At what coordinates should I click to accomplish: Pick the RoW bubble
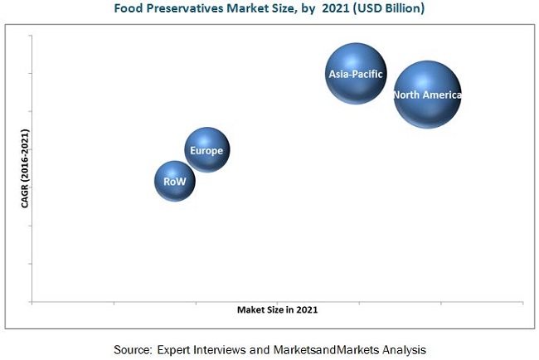point(174,182)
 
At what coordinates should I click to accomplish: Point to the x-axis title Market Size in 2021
point(277,309)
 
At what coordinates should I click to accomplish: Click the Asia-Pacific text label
point(356,74)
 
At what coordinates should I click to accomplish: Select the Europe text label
point(206,150)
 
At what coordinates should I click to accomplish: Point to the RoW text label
point(174,182)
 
